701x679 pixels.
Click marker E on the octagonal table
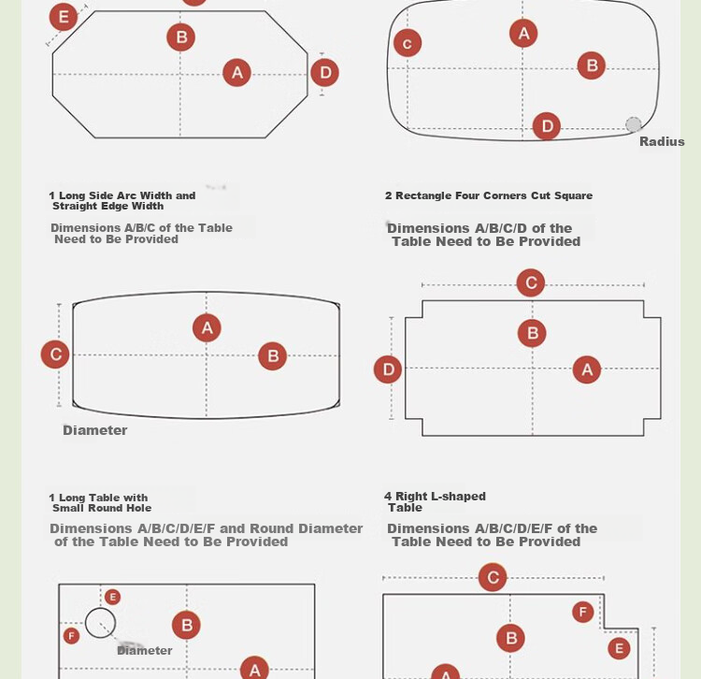click(x=63, y=17)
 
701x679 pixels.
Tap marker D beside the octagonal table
click(x=325, y=72)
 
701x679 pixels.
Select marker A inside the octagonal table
click(x=237, y=72)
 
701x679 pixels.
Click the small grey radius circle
click(x=634, y=124)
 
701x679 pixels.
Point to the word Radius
click(x=662, y=142)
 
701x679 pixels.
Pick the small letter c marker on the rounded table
click(x=408, y=43)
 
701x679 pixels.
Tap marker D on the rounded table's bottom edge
click(x=547, y=126)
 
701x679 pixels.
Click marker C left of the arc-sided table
click(x=55, y=354)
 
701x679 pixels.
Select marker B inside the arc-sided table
click(x=273, y=356)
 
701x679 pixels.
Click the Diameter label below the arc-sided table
click(x=95, y=430)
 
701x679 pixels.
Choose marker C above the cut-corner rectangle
click(x=531, y=282)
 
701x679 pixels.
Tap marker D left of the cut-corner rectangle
click(x=388, y=369)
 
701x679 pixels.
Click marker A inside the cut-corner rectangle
click(x=587, y=369)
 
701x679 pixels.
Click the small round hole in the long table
click(x=100, y=608)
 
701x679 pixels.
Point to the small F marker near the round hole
click(x=72, y=636)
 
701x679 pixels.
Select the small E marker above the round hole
click(x=113, y=597)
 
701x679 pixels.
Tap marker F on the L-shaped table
click(x=583, y=612)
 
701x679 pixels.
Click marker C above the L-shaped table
click(x=493, y=577)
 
